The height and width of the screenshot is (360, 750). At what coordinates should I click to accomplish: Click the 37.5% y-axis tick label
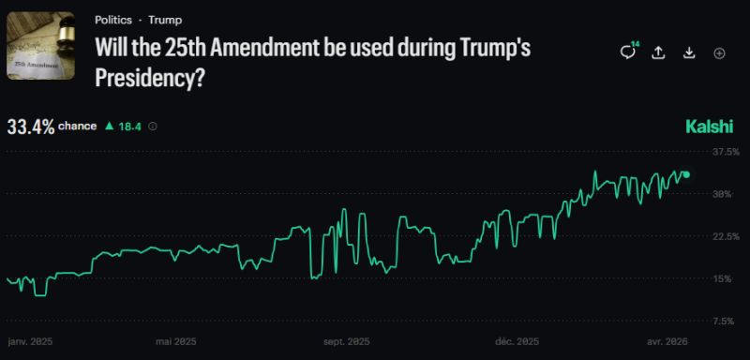click(x=727, y=151)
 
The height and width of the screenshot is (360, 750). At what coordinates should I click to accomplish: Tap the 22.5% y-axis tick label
click(x=727, y=236)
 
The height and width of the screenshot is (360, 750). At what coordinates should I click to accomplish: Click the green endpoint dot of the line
click(x=686, y=174)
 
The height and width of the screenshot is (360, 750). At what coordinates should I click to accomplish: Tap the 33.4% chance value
click(x=30, y=126)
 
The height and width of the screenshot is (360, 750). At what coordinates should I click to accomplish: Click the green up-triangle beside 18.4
click(x=109, y=126)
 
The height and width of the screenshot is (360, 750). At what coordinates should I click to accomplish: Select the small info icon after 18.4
click(x=153, y=126)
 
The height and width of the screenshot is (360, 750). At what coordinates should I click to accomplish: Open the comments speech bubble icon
click(x=627, y=53)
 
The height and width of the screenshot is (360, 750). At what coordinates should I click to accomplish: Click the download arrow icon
click(x=689, y=53)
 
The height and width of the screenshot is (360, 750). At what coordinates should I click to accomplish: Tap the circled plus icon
click(x=720, y=53)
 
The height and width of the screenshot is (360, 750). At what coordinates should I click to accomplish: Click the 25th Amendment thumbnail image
click(x=40, y=46)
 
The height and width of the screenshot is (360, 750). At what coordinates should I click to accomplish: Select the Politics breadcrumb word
click(x=114, y=20)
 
